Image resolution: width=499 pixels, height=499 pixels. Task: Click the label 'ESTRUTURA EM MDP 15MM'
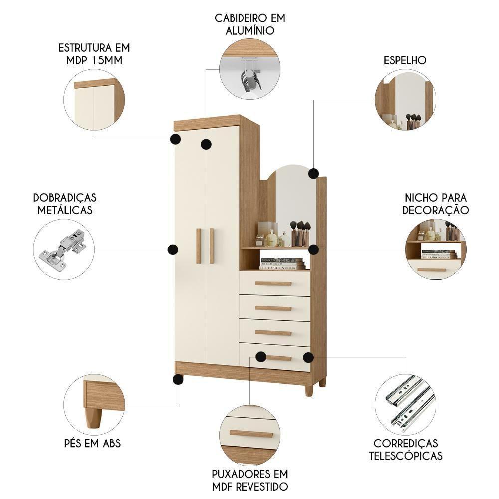(x=94, y=54)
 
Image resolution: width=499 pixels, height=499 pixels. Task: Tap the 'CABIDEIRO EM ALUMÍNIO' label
(x=250, y=24)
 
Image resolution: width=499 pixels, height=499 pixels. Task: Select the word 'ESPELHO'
(x=405, y=61)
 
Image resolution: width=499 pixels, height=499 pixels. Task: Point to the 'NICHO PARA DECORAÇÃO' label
(x=436, y=203)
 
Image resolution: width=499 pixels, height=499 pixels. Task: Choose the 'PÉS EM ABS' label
(x=92, y=443)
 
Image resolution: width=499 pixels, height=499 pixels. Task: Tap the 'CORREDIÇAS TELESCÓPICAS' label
(x=405, y=449)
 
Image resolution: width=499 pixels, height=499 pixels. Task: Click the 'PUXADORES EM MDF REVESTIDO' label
(x=249, y=480)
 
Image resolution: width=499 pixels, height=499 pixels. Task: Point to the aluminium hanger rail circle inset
(x=249, y=69)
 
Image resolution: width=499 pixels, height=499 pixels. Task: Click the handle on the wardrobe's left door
(x=198, y=246)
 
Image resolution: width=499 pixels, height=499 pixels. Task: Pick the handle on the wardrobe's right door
(x=212, y=246)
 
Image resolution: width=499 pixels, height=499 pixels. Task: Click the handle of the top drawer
(x=273, y=283)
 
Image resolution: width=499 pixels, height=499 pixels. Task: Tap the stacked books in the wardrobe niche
(x=282, y=264)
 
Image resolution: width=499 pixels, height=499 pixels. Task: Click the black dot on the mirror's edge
(x=313, y=173)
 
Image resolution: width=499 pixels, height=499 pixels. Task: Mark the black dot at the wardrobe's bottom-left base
(x=178, y=379)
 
